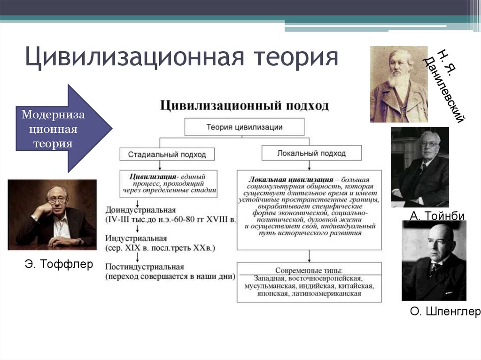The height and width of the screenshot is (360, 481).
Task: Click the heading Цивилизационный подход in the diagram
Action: click(x=244, y=105)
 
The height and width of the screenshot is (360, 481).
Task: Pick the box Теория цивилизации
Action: click(x=244, y=127)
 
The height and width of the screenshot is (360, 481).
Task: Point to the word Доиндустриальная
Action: click(x=140, y=210)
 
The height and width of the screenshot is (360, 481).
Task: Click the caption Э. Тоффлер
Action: click(x=59, y=265)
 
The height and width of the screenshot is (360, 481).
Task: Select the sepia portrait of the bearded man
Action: click(x=399, y=84)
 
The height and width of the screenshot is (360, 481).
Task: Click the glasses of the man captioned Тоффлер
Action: click(x=57, y=200)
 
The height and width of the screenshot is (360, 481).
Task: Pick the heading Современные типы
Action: click(x=309, y=270)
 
